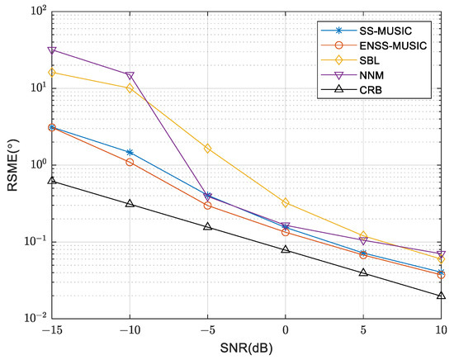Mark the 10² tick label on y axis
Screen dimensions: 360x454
pos(33,12)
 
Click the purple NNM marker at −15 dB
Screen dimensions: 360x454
pos(52,50)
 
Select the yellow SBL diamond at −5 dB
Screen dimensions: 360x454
pos(207,149)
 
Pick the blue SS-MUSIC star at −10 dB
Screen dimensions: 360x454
pos(130,152)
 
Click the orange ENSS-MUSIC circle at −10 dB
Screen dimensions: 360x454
pos(130,162)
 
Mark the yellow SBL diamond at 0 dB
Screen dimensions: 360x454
pos(286,202)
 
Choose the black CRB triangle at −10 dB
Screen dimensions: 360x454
pos(130,203)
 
